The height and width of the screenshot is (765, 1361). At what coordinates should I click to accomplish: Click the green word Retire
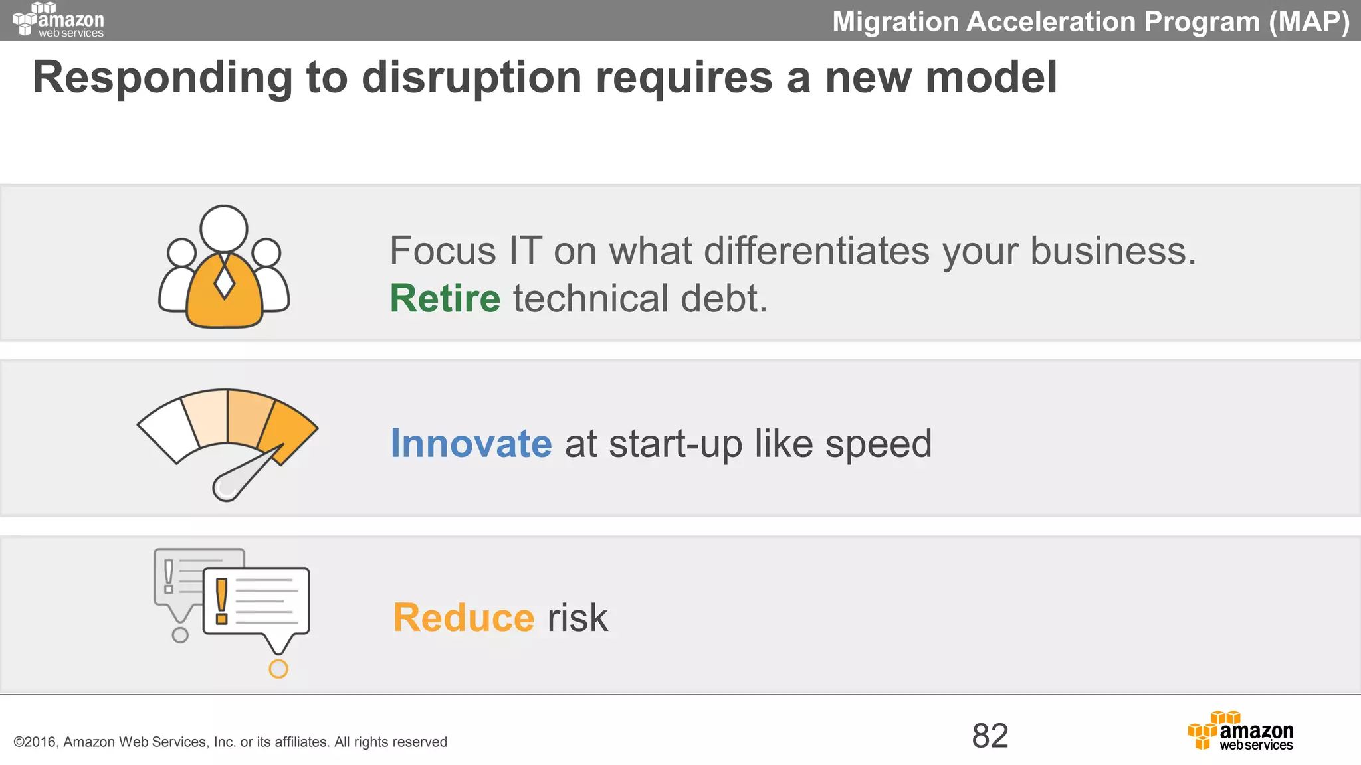(x=445, y=298)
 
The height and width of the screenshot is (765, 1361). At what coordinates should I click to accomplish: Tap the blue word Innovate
(x=471, y=444)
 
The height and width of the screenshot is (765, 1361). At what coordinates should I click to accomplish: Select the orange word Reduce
(x=463, y=618)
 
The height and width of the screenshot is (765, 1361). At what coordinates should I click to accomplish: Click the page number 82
(x=990, y=736)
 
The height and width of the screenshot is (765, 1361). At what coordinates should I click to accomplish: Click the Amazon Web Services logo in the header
(x=58, y=20)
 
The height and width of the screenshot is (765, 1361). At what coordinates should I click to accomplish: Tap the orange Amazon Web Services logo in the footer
(x=1240, y=731)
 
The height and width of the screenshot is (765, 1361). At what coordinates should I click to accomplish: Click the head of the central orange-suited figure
(x=224, y=228)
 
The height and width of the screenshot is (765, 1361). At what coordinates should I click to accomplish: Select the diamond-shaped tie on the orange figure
(x=225, y=282)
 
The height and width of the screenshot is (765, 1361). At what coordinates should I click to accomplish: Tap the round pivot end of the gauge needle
(x=225, y=488)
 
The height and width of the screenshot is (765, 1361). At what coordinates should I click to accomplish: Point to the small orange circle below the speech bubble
(x=278, y=669)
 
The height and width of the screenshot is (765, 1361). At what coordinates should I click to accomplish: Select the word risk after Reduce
(x=577, y=618)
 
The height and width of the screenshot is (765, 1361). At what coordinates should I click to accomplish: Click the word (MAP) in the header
(x=1309, y=21)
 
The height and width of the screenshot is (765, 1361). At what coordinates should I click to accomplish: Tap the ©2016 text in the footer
(x=36, y=742)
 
